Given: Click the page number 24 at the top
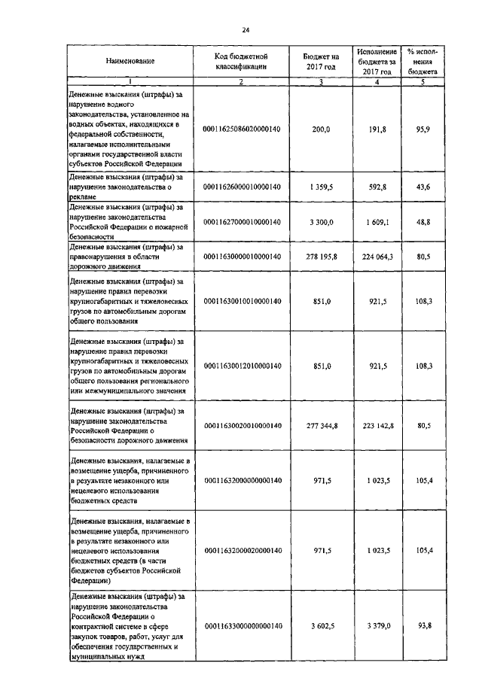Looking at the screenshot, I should (245, 30).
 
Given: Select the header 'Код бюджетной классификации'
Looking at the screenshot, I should (242, 61).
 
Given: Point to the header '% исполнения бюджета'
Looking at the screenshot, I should (422, 61).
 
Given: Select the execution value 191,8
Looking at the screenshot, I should (377, 129).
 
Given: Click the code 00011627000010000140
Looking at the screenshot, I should (242, 222).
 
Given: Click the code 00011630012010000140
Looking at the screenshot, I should (242, 366).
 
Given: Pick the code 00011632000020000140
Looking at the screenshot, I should (242, 551).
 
